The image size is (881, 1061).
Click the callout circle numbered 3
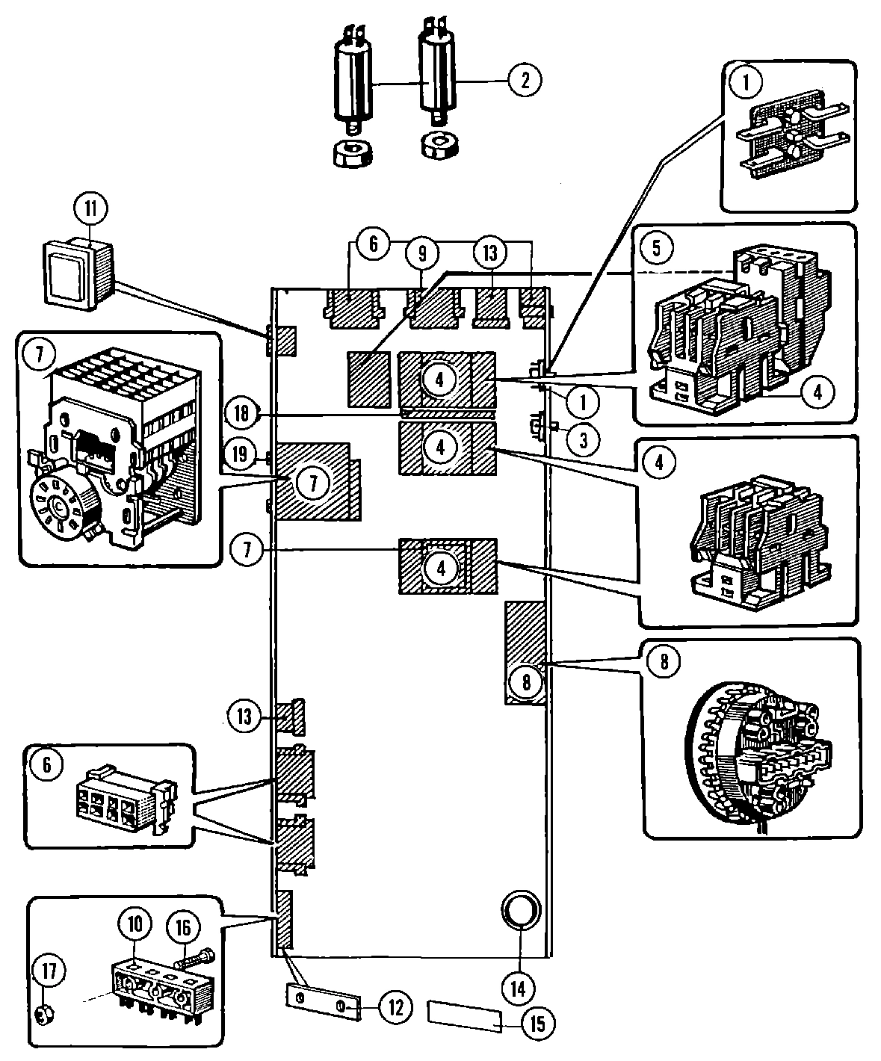click(583, 440)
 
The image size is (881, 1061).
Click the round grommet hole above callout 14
click(519, 909)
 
